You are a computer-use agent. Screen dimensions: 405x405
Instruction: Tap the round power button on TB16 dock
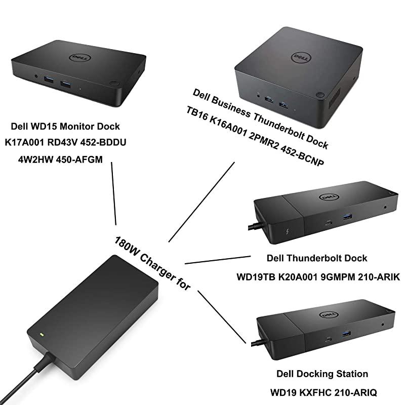click(319, 95)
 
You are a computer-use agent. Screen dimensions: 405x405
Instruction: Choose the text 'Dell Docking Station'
click(322, 374)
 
